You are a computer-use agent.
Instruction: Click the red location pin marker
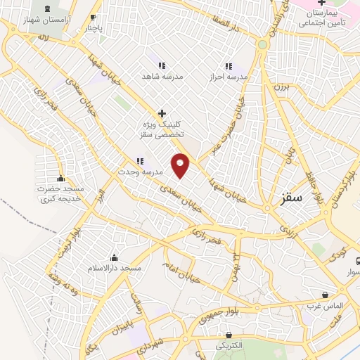(x=181, y=165)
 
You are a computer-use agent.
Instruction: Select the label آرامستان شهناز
(x=48, y=22)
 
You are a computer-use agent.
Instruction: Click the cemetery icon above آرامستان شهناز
(x=48, y=9)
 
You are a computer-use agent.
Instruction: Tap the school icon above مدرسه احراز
(x=228, y=65)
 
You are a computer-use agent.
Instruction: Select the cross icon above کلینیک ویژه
(x=162, y=112)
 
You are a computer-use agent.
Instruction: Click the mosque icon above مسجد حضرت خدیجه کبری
(x=60, y=178)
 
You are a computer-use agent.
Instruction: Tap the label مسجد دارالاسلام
(x=114, y=269)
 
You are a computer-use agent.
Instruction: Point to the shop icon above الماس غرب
(x=325, y=295)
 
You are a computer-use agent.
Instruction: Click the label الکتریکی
(x=228, y=346)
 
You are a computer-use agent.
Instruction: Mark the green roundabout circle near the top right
(x=262, y=44)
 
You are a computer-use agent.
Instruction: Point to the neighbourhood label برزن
(x=281, y=86)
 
